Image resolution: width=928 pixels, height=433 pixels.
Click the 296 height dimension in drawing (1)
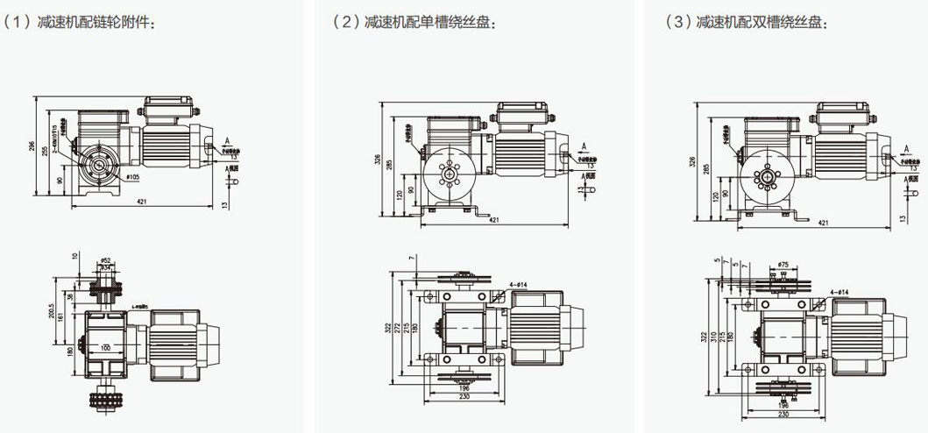pyautogui.click(x=34, y=146)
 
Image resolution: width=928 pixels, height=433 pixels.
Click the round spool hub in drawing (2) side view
pyautogui.click(x=449, y=174)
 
